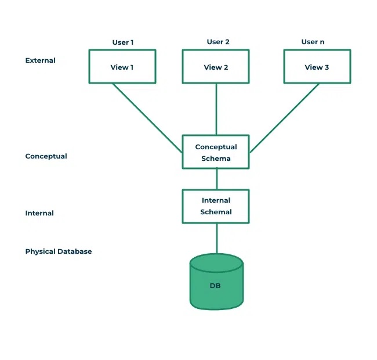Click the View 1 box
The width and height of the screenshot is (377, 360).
pos(122,66)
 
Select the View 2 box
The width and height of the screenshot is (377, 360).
pos(216,66)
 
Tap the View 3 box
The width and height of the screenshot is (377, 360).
pos(317,66)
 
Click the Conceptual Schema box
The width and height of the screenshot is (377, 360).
pos(216,152)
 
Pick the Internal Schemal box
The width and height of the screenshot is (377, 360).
pos(216,206)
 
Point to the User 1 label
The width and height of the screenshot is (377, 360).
pos(122,42)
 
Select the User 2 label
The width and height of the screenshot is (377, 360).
pos(218,42)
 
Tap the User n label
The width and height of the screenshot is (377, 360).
pos(313,42)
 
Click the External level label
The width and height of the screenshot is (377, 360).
pos(40,60)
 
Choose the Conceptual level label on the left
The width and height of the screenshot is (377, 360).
pos(46,156)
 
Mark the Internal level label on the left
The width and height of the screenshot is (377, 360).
pos(39,213)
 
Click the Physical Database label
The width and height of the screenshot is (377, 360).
pos(58,251)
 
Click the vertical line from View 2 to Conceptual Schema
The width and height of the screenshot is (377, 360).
pos(216,109)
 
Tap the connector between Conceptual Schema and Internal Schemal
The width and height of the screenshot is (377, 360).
pos(216,179)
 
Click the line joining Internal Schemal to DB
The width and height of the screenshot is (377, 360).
pos(216,238)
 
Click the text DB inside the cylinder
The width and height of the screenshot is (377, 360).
pos(215,286)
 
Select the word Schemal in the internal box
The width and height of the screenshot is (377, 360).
pos(216,212)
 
